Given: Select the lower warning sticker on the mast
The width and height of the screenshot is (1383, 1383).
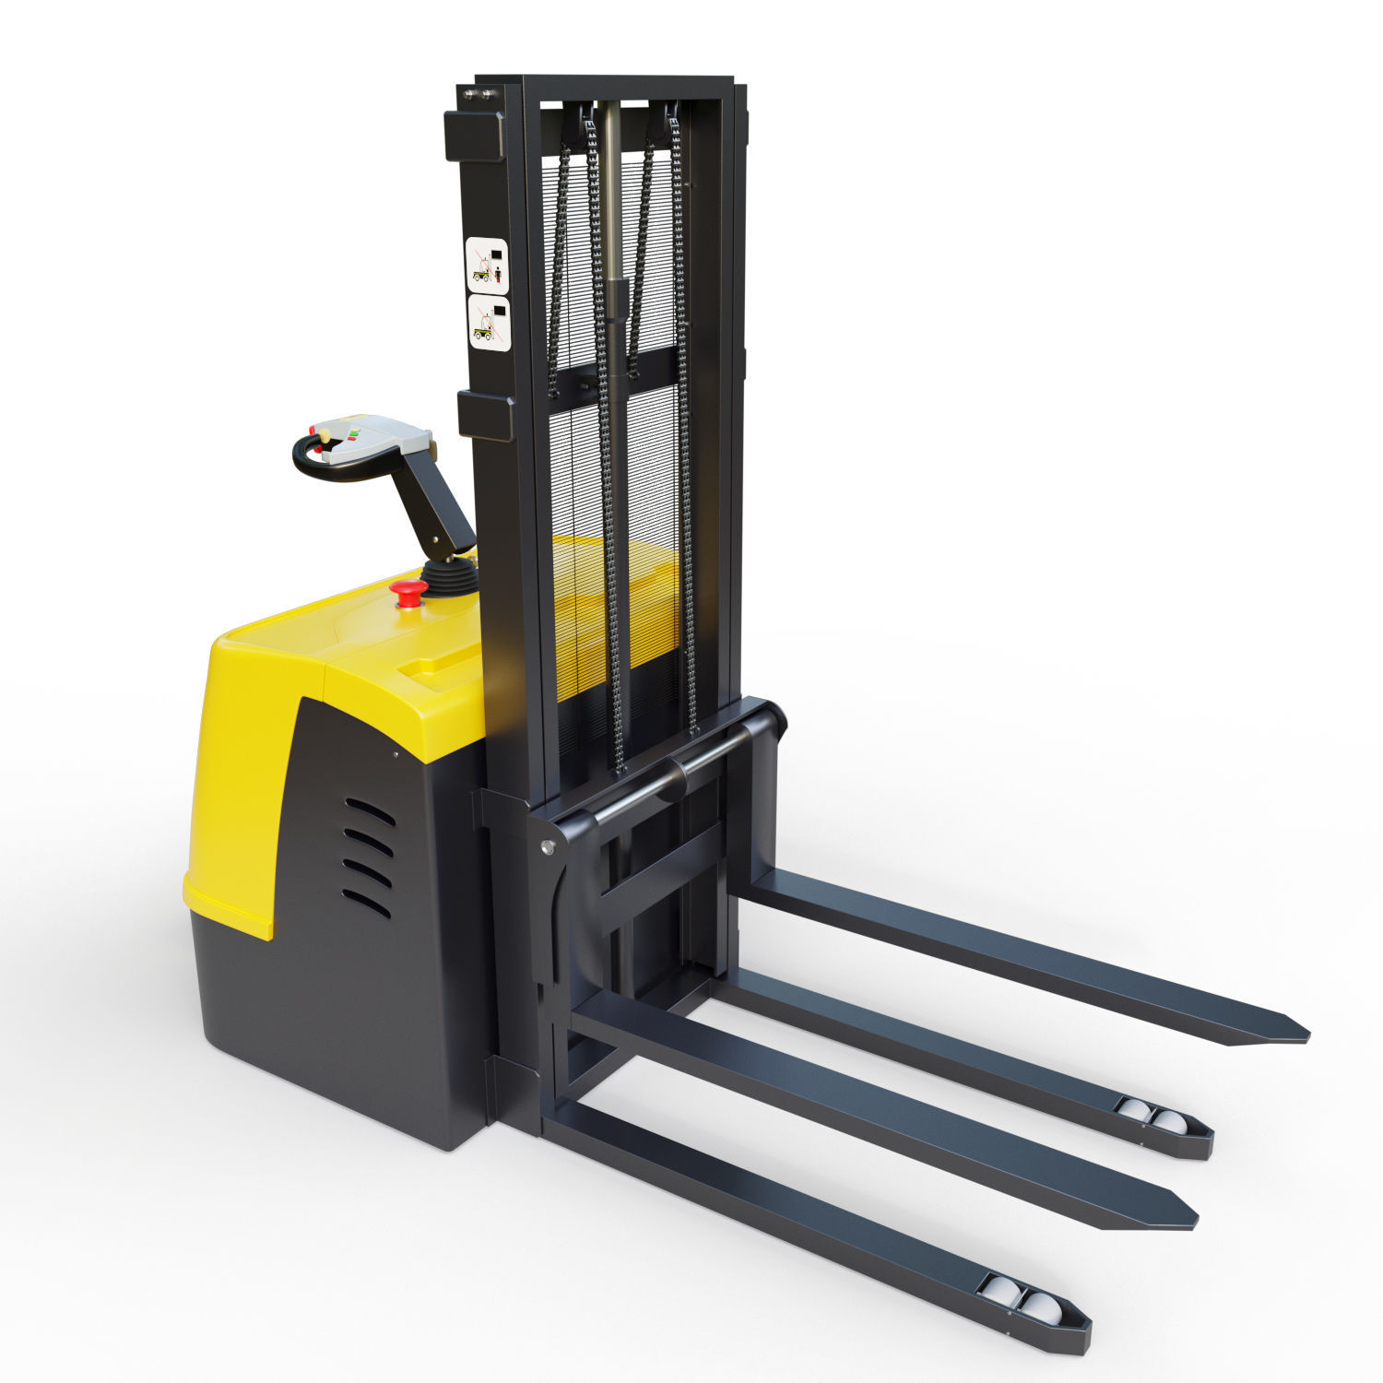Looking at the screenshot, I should (488, 321).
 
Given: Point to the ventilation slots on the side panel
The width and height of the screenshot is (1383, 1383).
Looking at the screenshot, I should (368, 857).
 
